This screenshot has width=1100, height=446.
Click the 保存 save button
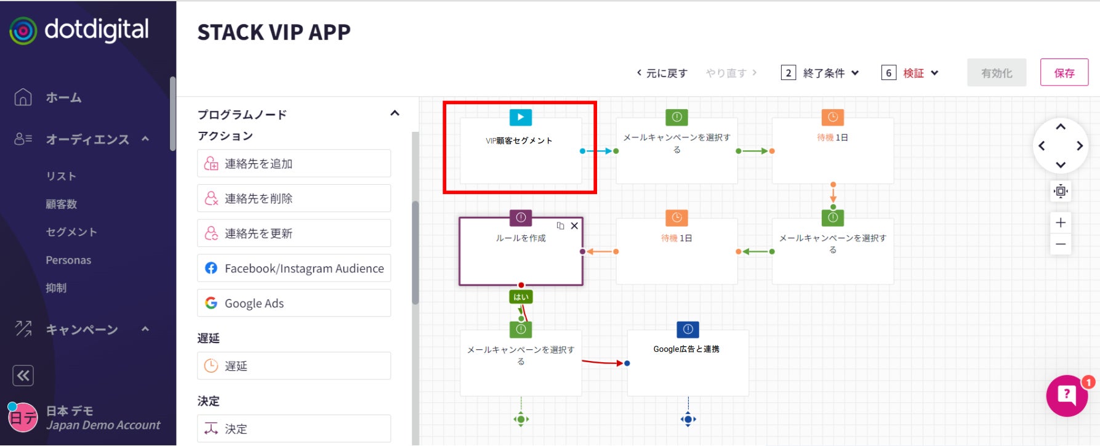click(x=1064, y=73)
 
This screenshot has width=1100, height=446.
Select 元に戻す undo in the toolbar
click(x=662, y=73)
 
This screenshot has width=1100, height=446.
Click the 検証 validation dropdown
click(x=913, y=73)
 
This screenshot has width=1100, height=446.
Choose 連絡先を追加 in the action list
click(x=294, y=163)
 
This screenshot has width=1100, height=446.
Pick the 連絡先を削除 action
click(x=294, y=198)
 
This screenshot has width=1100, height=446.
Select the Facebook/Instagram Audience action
click(x=294, y=269)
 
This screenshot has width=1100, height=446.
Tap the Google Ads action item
click(x=294, y=303)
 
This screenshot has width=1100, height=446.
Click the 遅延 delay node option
click(x=294, y=366)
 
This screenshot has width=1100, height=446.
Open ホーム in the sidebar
click(x=63, y=97)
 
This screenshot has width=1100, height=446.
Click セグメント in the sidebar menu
click(x=71, y=232)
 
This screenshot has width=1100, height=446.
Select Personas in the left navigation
click(x=68, y=260)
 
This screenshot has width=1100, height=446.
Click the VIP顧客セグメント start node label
click(x=519, y=141)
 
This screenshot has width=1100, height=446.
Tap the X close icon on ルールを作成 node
click(x=574, y=226)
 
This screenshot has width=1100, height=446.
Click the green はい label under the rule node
click(x=521, y=297)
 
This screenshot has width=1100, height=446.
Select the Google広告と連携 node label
click(x=686, y=349)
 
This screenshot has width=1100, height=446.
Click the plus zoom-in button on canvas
click(x=1061, y=222)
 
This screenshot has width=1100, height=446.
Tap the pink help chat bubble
click(x=1067, y=395)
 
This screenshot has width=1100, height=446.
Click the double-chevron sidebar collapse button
click(x=23, y=376)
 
